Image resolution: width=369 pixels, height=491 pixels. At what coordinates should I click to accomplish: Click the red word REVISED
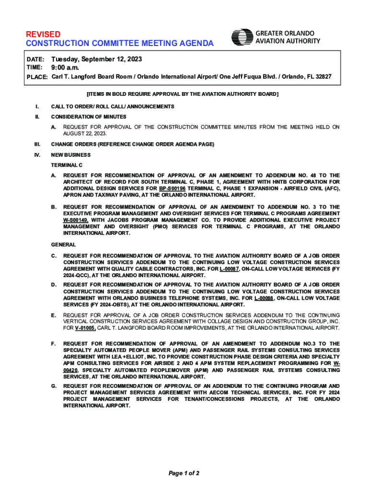43,35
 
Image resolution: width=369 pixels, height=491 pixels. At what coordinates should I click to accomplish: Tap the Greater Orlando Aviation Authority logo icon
242,37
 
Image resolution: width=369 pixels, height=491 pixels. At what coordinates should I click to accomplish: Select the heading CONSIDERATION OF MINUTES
89,117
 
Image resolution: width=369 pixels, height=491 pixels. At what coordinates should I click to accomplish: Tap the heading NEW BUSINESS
71,155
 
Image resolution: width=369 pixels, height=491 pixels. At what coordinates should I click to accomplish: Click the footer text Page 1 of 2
184,473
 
